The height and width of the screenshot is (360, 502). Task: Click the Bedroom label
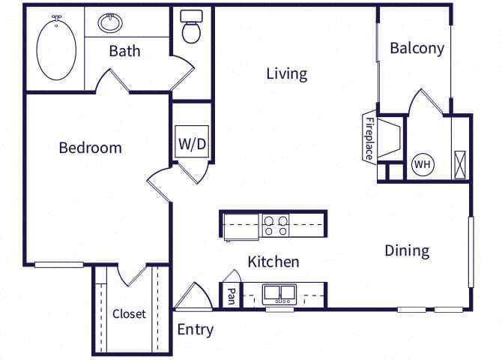(90, 148)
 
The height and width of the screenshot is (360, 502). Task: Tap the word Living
(287, 73)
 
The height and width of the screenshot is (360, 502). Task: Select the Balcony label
(417, 49)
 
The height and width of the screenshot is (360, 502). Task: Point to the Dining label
(407, 250)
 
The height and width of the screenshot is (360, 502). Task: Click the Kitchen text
(273, 262)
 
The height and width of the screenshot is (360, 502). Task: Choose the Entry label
(195, 329)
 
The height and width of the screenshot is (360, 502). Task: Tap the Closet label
(129, 314)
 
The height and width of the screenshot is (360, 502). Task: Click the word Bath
(124, 52)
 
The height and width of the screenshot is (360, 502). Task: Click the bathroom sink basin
(111, 23)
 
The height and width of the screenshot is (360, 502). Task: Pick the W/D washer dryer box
(191, 143)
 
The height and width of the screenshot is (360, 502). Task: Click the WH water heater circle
(422, 164)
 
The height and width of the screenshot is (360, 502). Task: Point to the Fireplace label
(369, 137)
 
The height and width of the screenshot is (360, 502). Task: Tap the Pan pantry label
(232, 295)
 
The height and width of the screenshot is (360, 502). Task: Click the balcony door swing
(426, 103)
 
